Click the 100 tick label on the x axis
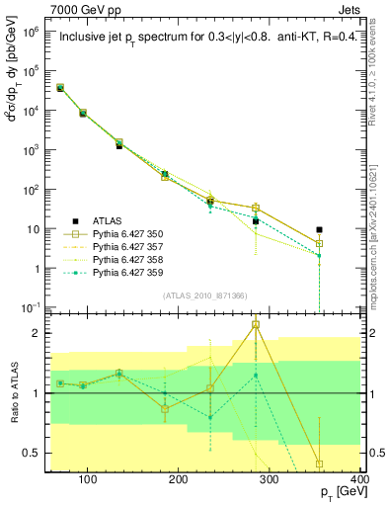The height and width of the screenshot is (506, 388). coord(87,482)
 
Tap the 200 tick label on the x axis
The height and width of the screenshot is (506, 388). coord(178,482)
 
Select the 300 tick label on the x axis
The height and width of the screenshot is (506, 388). coord(269,482)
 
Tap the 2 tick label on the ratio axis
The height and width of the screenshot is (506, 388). coord(40,333)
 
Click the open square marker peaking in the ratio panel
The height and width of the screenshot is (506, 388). coord(256,325)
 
